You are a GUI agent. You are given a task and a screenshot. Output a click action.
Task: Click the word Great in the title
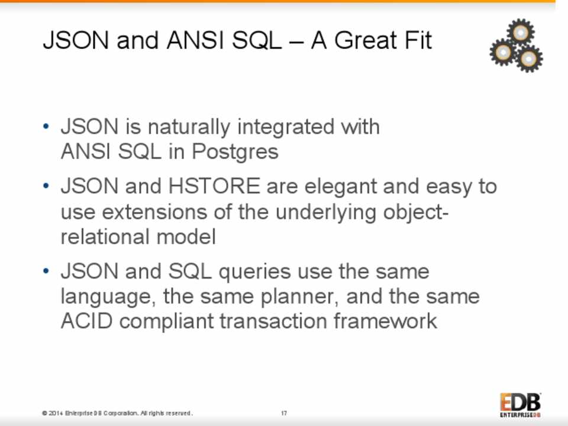[365, 40]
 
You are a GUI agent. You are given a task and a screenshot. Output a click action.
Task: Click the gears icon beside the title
[516, 46]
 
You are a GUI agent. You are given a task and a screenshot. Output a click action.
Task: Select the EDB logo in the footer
[521, 405]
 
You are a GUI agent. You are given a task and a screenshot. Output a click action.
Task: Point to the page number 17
[284, 413]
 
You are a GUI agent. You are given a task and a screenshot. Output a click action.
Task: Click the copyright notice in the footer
[117, 413]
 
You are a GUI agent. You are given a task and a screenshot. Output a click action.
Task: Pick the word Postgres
[235, 152]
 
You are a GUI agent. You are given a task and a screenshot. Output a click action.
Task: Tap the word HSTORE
[214, 186]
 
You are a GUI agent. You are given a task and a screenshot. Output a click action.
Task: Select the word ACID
[86, 321]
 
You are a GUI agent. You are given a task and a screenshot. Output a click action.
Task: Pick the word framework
[385, 321]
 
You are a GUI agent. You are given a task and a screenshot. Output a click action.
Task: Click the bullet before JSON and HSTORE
[46, 186]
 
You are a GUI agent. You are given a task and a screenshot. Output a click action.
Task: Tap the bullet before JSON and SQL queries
[46, 271]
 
